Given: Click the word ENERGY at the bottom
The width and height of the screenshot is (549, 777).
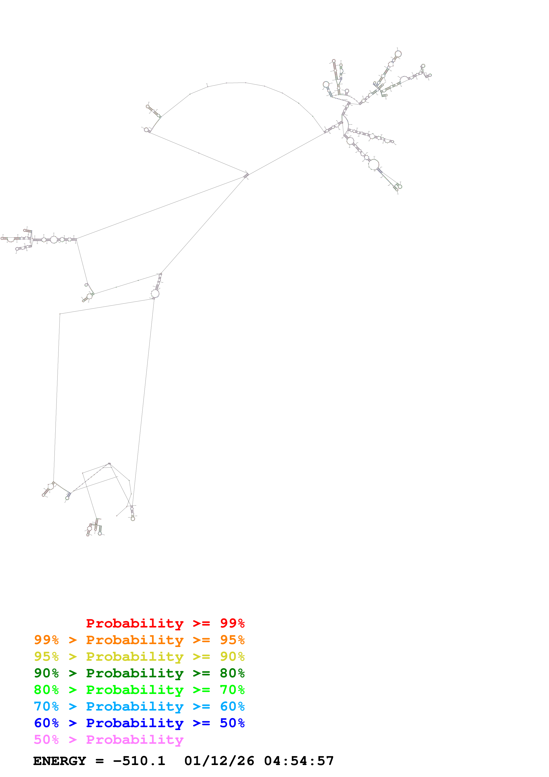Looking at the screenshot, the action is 60,761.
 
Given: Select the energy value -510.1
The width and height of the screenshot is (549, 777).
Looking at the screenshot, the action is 139,761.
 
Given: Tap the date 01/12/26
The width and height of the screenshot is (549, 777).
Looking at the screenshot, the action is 219,761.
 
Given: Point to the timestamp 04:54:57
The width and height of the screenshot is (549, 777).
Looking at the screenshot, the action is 299,761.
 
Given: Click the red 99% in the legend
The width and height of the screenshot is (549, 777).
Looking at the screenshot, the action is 232,623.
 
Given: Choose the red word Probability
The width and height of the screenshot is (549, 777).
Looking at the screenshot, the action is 135,623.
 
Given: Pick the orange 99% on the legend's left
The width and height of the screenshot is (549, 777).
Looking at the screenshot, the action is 46,640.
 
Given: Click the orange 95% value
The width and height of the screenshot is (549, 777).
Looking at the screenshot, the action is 232,640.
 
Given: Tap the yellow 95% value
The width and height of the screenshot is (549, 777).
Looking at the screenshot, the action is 46,657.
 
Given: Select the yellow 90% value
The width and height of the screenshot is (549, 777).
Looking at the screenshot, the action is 232,657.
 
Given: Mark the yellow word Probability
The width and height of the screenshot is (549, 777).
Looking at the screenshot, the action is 135,657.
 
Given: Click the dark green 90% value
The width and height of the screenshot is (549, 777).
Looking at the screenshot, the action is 46,673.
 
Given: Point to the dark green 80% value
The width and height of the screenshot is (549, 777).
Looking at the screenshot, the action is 232,673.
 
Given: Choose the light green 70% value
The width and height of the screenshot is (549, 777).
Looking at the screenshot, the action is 232,690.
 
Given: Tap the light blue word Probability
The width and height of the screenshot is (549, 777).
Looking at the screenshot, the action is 135,706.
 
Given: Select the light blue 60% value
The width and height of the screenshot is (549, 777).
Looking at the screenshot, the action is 232,706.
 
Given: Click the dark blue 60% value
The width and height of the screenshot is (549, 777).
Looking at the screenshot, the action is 46,723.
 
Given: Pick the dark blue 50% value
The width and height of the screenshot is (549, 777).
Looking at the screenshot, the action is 232,723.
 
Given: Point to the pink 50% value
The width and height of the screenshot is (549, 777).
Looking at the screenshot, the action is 46,739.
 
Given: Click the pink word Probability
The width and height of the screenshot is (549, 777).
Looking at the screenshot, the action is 135,739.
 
